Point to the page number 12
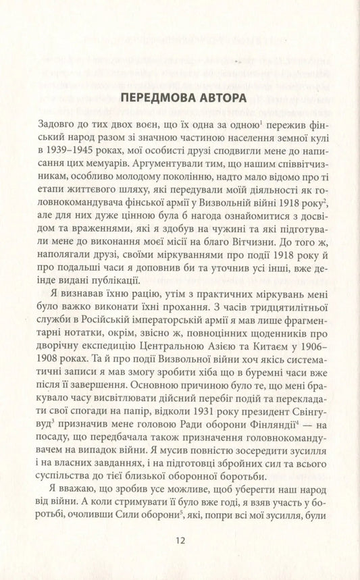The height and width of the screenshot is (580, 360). click(179, 539)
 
